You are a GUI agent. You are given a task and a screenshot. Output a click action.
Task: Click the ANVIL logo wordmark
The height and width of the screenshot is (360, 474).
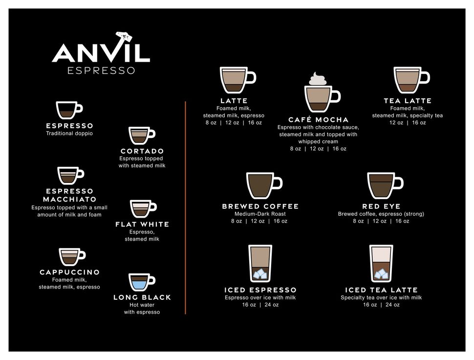(101, 53)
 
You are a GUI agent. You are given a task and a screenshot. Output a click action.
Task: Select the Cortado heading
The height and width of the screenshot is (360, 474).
(142, 151)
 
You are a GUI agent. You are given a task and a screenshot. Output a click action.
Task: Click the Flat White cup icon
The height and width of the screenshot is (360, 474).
(142, 208)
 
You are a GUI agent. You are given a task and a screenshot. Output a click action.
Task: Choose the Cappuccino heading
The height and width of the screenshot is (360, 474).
(69, 272)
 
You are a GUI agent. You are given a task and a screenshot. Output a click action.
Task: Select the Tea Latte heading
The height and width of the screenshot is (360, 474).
(408, 101)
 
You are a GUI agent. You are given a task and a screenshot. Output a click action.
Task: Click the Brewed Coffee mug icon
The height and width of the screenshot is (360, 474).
(262, 186)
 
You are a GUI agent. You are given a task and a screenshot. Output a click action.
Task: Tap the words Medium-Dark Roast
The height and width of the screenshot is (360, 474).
(260, 214)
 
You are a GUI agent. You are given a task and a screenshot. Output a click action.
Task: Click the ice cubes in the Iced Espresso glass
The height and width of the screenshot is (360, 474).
(260, 274)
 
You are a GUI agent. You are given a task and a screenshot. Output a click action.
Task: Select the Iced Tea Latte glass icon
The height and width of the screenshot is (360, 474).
(381, 264)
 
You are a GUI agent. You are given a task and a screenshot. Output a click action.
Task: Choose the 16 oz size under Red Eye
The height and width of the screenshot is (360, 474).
(402, 221)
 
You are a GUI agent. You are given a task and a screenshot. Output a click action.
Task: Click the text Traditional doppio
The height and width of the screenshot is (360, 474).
(69, 134)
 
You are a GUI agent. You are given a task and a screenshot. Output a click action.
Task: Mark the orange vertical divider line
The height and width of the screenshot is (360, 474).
(186, 208)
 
